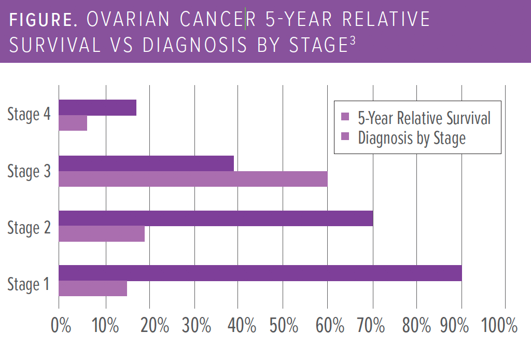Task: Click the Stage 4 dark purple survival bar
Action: (x=97, y=108)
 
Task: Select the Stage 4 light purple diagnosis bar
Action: (x=73, y=123)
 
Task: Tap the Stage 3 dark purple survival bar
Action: (x=146, y=163)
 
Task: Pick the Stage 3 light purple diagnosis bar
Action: (x=193, y=179)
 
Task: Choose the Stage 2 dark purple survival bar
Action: (x=216, y=218)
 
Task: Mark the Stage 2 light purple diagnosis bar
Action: (x=102, y=234)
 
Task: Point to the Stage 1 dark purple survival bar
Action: (x=260, y=273)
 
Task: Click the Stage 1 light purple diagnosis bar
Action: (x=93, y=288)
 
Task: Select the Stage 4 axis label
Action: (x=29, y=115)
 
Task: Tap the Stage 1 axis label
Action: (x=29, y=284)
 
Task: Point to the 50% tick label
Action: (x=284, y=326)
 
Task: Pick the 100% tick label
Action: (x=499, y=326)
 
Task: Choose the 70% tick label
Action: (x=373, y=326)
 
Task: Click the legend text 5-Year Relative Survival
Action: (x=424, y=118)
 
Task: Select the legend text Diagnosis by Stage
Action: (x=411, y=138)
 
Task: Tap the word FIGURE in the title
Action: (x=44, y=20)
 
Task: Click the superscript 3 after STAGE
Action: (x=353, y=41)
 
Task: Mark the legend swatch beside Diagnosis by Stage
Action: (x=346, y=137)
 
